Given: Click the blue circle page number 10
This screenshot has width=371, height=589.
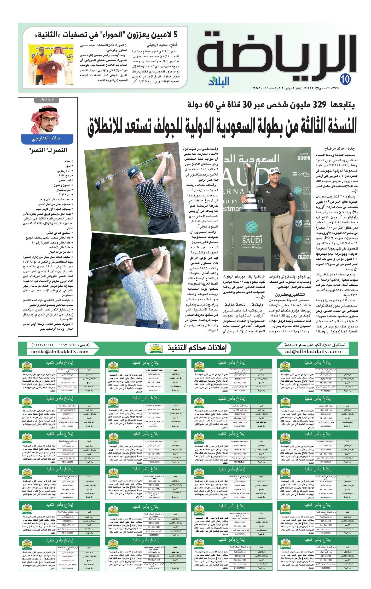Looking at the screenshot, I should tap(346, 79).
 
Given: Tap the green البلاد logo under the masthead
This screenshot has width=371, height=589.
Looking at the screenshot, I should tap(219, 81).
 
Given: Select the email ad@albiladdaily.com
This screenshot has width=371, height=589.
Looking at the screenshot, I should tap(313, 352).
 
